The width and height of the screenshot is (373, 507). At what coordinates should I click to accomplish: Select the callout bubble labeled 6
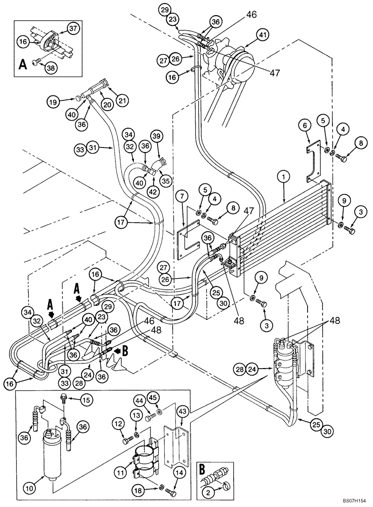(x=305, y=125)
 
